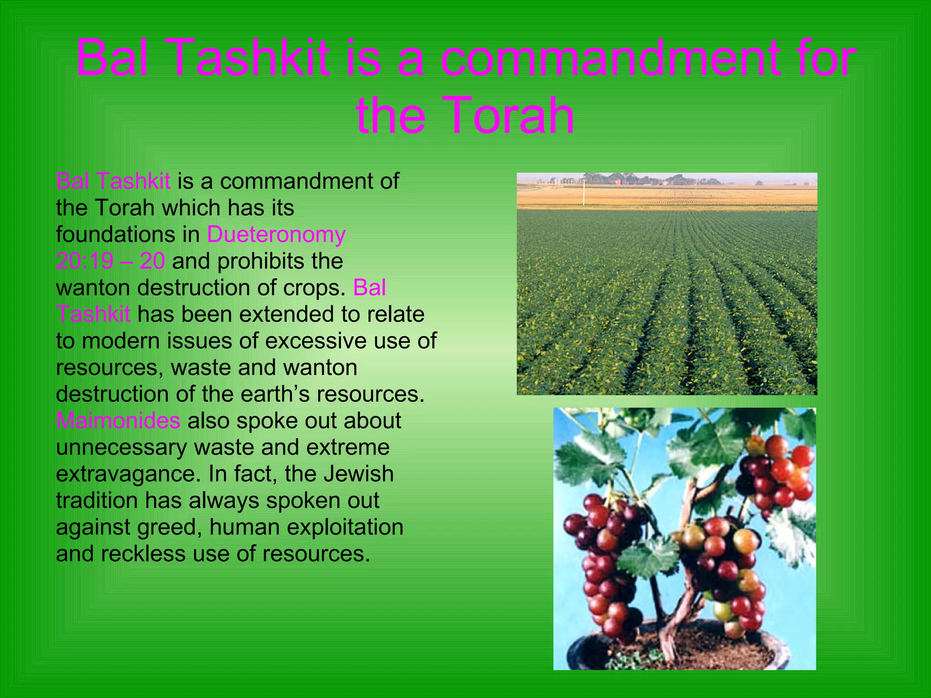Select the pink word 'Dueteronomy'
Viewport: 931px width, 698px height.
[x=276, y=234]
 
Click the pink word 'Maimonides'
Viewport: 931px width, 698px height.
[x=118, y=420]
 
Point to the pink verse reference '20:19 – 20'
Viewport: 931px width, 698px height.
[x=110, y=261]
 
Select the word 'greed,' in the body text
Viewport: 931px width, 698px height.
[x=169, y=528]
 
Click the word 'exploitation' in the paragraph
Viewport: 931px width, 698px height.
[x=345, y=527]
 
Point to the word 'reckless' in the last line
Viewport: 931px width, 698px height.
[x=143, y=554]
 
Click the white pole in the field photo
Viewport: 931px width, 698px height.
[x=584, y=193]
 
